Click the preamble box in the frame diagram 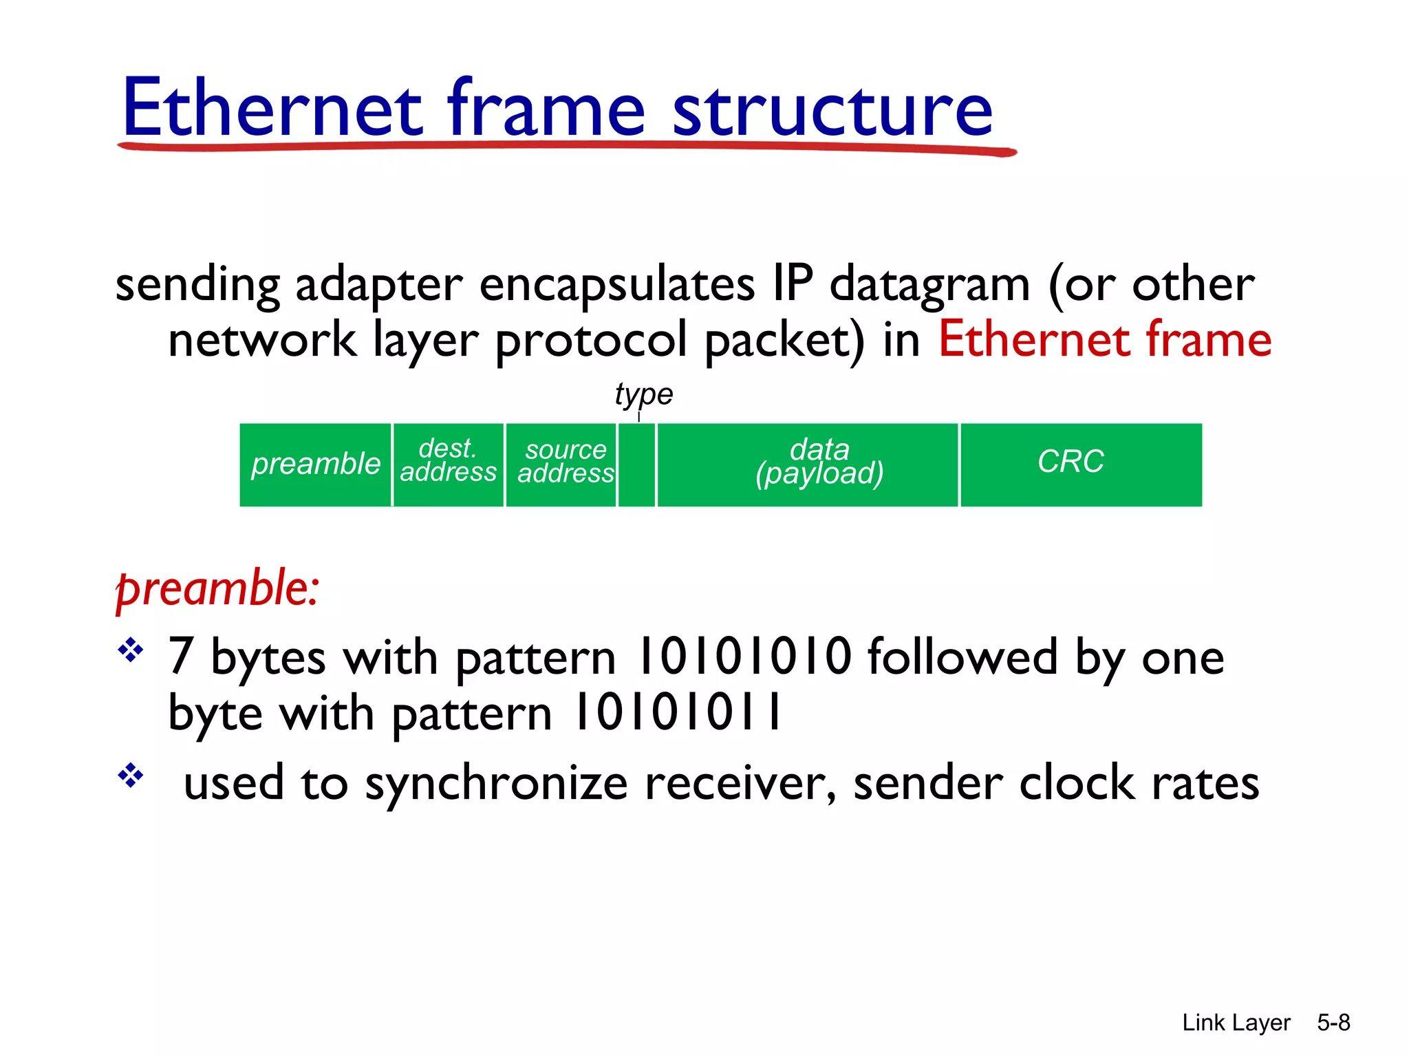click(315, 465)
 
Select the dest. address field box click(448, 465)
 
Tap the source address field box click(561, 465)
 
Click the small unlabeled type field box click(636, 465)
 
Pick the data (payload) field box click(808, 465)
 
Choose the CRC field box click(1080, 465)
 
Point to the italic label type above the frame click(643, 395)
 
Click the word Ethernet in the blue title click(272, 109)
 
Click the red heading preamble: click(217, 589)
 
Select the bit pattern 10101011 click(678, 713)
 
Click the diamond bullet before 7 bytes click(130, 650)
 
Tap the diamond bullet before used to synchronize click(130, 777)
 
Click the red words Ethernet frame click(1104, 340)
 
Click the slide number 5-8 click(1333, 1023)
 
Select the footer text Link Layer click(1236, 1023)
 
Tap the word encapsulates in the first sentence click(616, 285)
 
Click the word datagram click(929, 285)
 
